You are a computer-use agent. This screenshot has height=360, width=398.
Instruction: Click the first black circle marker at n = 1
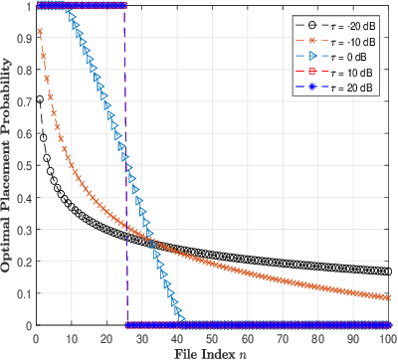[40, 99]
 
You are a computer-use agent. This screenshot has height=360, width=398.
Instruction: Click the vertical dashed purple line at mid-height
[126, 165]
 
